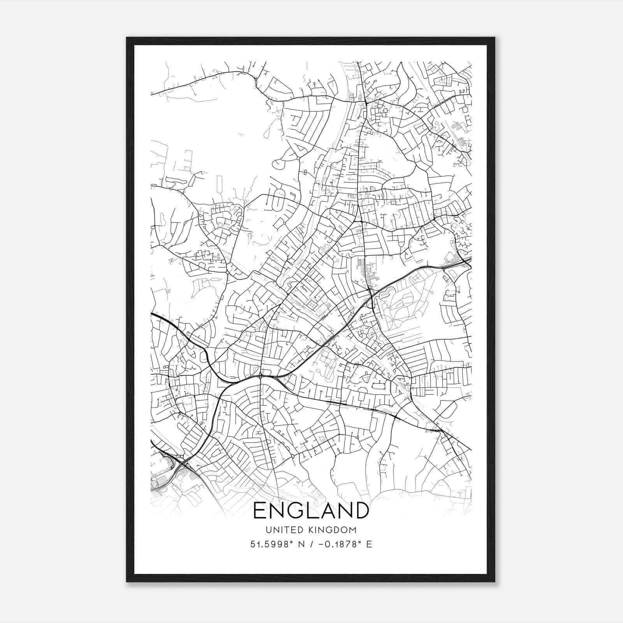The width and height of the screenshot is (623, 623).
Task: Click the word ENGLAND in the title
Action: (x=311, y=510)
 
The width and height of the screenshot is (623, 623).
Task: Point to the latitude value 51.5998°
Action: (x=271, y=544)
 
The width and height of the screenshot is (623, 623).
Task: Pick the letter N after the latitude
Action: (x=301, y=544)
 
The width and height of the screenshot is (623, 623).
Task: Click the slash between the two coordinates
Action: (x=310, y=544)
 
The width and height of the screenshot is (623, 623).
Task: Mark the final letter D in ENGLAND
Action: (x=361, y=510)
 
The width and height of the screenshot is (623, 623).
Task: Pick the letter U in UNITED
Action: (x=268, y=530)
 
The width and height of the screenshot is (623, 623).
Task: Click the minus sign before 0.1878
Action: (x=320, y=544)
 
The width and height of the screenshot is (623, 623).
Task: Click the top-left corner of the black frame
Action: (x=127, y=38)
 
